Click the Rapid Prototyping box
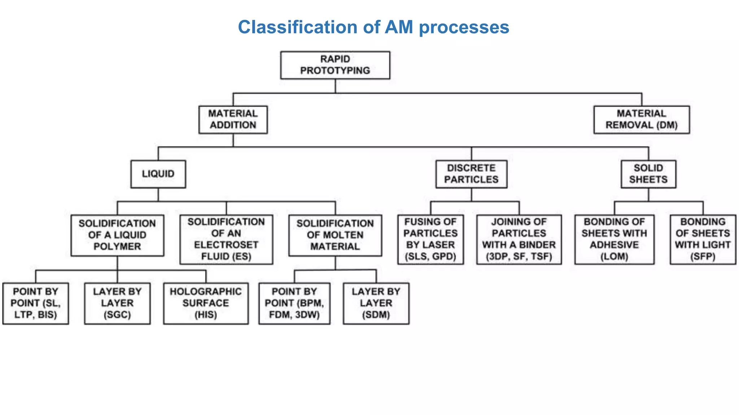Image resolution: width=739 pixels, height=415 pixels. pos(335,65)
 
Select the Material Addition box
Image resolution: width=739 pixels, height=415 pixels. pos(233,120)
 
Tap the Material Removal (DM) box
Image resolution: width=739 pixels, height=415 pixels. pos(641,120)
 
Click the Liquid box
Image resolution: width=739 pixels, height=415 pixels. pos(158,174)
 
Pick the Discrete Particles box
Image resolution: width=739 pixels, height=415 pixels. pos(471,174)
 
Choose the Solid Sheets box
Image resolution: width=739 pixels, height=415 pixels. pos(648,174)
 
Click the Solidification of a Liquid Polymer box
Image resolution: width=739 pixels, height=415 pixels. pos(117,235)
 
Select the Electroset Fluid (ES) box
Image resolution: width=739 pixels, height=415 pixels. pos(226,239)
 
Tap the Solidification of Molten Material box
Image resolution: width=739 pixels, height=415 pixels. pos(335,235)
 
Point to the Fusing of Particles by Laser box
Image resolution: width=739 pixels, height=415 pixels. pos(430,239)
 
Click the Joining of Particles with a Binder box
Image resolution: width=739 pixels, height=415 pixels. pos(519,239)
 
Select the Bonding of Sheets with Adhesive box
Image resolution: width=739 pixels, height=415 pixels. pos(614,239)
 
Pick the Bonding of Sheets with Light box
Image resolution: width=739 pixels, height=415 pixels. pos(703,239)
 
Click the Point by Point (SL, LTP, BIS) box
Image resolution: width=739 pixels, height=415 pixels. pos(35,303)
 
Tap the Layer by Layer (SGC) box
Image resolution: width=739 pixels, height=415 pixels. pos(117,303)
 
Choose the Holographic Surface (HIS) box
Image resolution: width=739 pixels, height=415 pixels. pos(206,303)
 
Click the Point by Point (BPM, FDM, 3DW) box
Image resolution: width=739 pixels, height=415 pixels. pos(294,303)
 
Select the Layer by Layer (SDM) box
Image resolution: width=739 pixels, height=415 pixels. pos(376,303)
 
